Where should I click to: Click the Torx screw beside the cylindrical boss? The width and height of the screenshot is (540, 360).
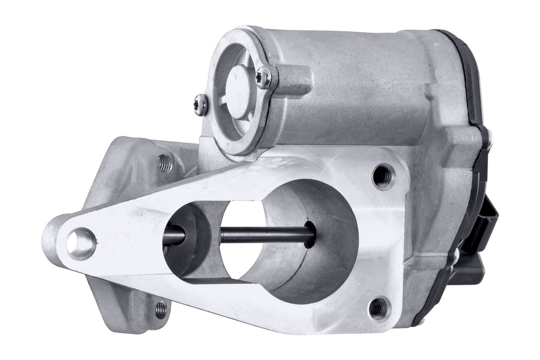(x=263, y=77)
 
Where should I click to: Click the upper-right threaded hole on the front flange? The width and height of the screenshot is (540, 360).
(x=383, y=176)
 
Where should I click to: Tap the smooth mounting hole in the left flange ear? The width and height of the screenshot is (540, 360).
(x=82, y=243)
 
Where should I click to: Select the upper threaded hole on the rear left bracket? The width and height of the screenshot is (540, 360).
(x=165, y=162)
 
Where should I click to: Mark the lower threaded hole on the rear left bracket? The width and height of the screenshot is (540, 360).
(x=160, y=309)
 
